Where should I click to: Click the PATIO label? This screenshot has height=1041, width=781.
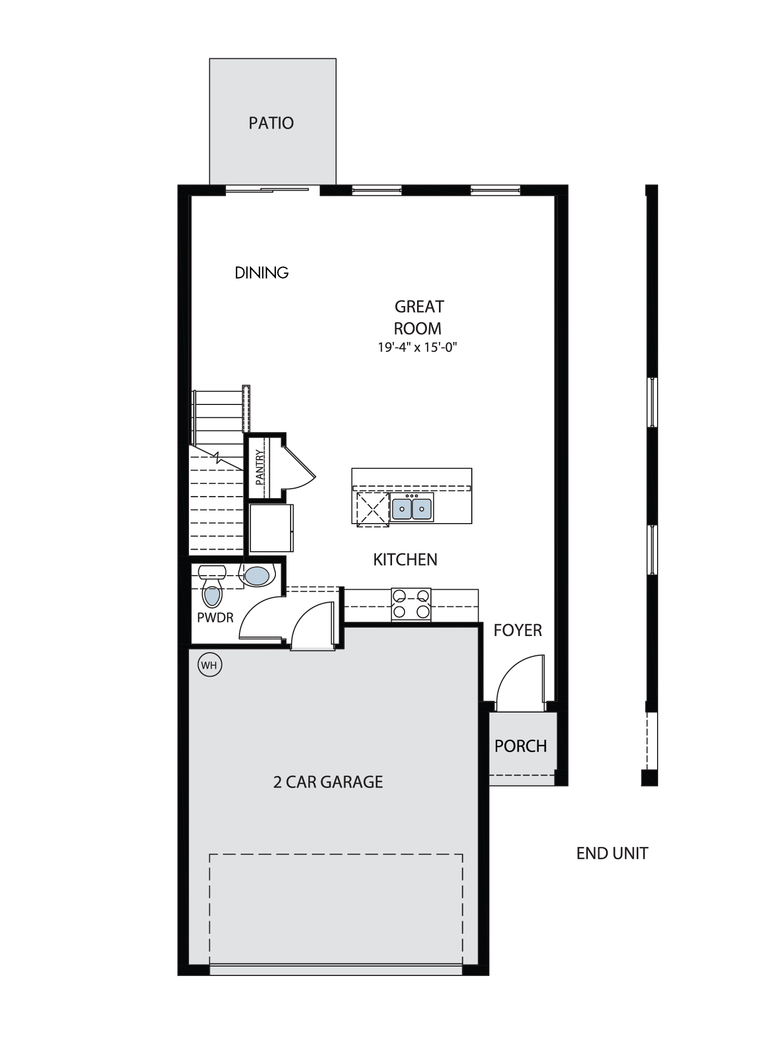click(x=271, y=123)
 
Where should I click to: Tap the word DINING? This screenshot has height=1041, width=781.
click(x=261, y=273)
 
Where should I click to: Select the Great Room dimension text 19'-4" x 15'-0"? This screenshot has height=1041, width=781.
click(x=418, y=347)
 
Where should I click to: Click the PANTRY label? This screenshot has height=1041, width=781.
click(x=260, y=467)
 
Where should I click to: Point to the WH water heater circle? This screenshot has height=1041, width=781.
click(x=210, y=665)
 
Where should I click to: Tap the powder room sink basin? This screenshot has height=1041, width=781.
click(x=257, y=576)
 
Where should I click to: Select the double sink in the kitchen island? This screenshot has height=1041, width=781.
click(x=412, y=509)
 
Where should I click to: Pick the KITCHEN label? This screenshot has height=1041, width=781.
click(x=405, y=560)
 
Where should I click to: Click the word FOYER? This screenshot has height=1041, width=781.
click(x=518, y=630)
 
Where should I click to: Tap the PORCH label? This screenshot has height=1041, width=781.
click(x=521, y=746)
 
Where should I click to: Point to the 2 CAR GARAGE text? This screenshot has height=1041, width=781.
click(x=328, y=782)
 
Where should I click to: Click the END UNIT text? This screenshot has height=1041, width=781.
click(x=612, y=853)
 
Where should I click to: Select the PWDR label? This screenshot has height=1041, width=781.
click(x=215, y=618)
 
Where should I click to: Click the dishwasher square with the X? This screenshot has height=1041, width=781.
click(x=373, y=510)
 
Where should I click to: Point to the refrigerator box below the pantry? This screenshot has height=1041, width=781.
click(x=271, y=527)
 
